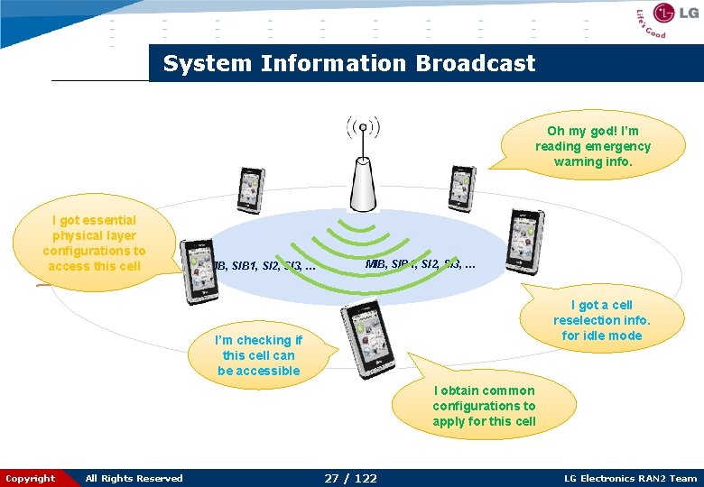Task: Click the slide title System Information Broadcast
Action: click(x=348, y=64)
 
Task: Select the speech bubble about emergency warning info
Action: click(x=592, y=146)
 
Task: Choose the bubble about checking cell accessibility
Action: click(x=258, y=355)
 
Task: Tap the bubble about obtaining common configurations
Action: click(x=484, y=407)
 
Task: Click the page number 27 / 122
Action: click(x=350, y=478)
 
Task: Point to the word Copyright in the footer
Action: click(x=30, y=478)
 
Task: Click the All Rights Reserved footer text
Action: click(x=134, y=478)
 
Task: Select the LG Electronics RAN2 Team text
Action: click(x=630, y=478)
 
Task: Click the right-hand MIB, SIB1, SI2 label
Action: click(x=421, y=264)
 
